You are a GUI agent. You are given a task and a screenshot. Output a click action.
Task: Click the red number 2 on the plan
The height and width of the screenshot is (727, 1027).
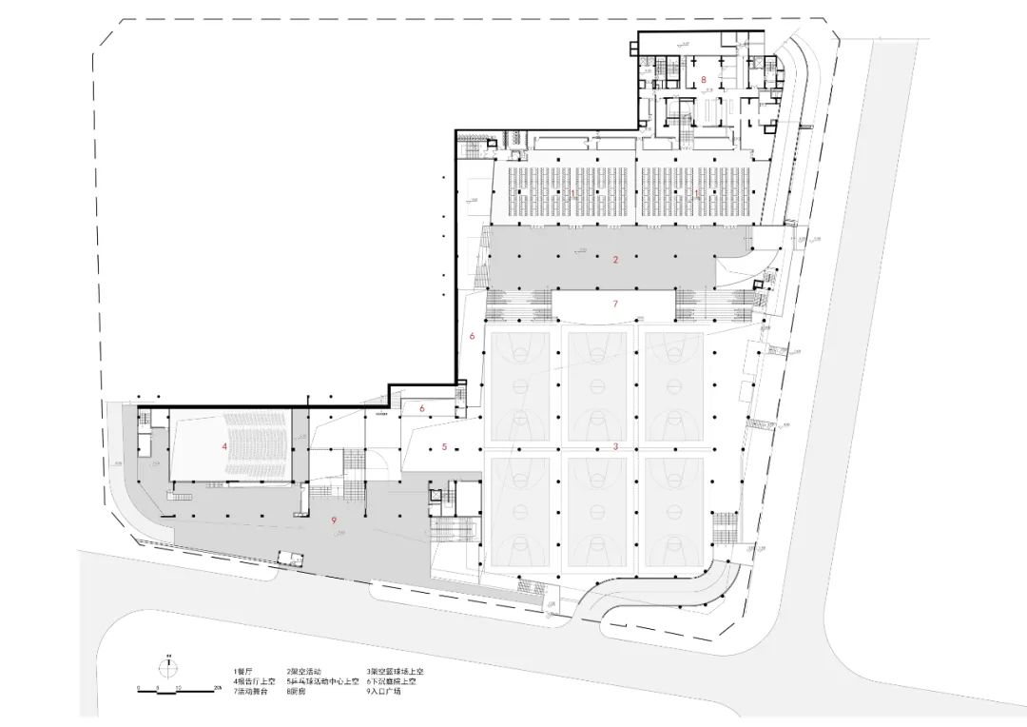(615, 259)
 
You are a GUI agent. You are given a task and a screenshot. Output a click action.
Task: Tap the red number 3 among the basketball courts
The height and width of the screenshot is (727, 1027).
(615, 446)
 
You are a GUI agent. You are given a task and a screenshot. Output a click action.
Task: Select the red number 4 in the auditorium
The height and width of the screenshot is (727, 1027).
(224, 445)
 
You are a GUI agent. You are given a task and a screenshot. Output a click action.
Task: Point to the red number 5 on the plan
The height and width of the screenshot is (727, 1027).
(443, 446)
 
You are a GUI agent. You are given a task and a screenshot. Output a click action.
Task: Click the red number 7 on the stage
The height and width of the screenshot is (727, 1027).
(615, 304)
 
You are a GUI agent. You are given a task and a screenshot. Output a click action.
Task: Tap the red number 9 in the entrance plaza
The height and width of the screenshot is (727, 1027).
(334, 520)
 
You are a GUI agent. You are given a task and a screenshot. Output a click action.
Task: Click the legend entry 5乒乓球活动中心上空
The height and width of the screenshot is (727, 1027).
(321, 681)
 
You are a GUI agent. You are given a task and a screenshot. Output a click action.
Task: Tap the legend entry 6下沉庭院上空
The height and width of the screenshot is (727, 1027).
(391, 681)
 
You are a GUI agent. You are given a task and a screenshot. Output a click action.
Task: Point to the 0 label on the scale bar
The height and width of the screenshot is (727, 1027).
(139, 687)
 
